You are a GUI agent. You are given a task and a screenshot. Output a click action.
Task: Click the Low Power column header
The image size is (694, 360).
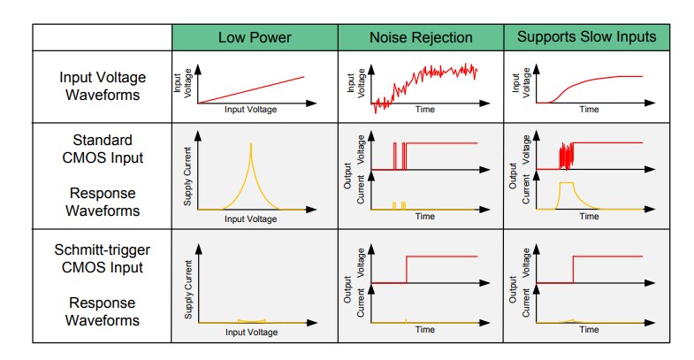point(254,37)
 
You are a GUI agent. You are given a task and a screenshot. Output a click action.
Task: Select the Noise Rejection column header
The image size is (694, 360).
point(421,37)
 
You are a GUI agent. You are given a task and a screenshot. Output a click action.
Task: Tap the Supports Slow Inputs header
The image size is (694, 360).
point(587,37)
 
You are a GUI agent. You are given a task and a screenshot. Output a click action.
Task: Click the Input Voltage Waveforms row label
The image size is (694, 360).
point(103,85)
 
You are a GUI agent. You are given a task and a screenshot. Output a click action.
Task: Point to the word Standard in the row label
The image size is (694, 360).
point(103,140)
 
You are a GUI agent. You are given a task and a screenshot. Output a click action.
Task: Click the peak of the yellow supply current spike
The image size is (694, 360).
point(251,143)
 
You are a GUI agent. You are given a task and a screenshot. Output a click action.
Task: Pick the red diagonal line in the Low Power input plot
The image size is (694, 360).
point(252,89)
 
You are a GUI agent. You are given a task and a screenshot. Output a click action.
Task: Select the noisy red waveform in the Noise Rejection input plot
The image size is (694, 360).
point(424,80)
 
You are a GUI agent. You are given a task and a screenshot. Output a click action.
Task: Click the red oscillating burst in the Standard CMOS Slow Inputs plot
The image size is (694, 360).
point(567,156)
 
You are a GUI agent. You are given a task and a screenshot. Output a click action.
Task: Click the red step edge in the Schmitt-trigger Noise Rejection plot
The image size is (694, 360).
point(407,269)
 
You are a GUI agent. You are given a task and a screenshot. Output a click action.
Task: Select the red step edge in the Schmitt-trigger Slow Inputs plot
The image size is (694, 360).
point(573,269)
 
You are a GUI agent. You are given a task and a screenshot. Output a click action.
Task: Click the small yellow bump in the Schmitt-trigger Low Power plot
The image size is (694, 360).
point(251,319)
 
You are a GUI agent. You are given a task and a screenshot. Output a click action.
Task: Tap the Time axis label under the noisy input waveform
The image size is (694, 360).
point(424,110)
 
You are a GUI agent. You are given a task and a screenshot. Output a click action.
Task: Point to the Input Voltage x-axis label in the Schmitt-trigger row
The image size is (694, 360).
point(251,333)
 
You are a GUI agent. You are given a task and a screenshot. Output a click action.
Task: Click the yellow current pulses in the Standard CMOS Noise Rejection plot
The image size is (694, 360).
point(399,205)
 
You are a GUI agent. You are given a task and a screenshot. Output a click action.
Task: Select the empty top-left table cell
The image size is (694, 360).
point(103,37)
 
